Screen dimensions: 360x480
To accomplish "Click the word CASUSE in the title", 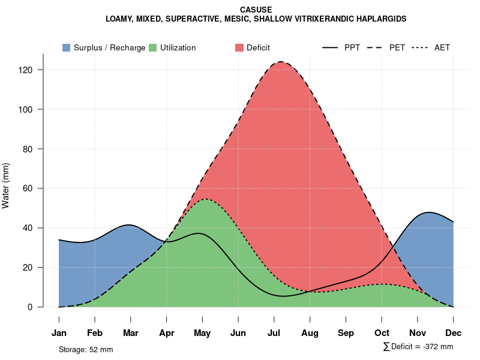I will coord(256,10).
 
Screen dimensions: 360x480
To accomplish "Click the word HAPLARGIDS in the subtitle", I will coord(381,19).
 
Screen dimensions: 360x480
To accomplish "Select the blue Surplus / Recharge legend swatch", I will coord(67,47).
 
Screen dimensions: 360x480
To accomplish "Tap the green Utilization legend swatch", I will coord(153,47).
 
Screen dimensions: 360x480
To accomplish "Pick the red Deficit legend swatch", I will coord(239,47).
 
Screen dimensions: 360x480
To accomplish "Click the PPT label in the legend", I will coord(352,47).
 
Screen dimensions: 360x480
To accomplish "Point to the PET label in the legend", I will coord(397,47).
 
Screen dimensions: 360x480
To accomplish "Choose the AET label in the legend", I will coord(442,47).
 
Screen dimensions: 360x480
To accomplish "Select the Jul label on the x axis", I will coord(274,332).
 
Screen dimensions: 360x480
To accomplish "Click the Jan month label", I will coord(59,332).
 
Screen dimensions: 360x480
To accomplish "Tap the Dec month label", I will coord(454,332).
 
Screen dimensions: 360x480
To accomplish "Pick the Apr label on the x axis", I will coord(167,332).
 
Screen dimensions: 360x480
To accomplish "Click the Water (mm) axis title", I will coord(6,186).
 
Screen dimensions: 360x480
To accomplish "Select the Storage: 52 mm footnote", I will coord(86,349).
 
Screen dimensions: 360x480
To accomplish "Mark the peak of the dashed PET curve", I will coord(280,62).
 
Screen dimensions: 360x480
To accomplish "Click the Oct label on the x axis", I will coord(382,332).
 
